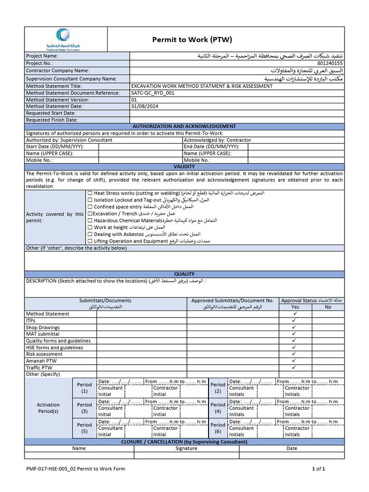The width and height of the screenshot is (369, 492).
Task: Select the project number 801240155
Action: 330,63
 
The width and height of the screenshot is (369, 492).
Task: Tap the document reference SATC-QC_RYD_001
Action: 153,93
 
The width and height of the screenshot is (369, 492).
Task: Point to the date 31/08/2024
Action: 145,106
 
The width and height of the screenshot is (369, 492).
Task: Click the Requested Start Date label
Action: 52,113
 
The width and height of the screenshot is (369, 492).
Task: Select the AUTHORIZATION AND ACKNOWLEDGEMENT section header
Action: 184,126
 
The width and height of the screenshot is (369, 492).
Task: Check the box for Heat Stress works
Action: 90,193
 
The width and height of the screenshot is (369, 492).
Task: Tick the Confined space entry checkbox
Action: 90,207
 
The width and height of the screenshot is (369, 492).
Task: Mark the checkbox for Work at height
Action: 90,227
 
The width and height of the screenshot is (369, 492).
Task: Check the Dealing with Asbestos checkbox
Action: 90,234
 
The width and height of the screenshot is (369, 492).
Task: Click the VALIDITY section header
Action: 184,166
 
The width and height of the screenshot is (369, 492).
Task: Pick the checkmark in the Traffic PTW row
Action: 295,368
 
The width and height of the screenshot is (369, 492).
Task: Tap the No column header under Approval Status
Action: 328,307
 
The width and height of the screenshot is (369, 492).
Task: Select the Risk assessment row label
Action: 44,354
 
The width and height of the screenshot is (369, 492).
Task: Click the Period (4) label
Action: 218,408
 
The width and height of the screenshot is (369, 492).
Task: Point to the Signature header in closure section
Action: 186,448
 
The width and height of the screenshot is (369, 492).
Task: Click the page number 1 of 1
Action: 319,469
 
